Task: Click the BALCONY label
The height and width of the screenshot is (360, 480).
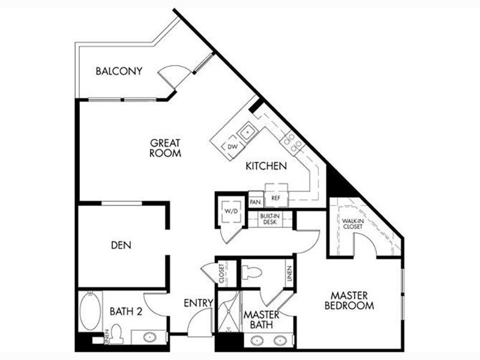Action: tap(119, 71)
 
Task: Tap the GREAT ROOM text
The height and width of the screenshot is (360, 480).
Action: tap(166, 148)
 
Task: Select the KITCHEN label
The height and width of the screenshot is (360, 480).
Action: tap(266, 166)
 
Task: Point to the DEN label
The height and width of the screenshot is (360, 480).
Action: tap(121, 245)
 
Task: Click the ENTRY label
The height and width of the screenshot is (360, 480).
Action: tap(199, 303)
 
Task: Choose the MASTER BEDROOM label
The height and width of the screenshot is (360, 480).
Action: tap(349, 301)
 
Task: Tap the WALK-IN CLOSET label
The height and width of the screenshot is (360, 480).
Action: tap(353, 224)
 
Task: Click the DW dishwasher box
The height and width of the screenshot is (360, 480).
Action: tap(233, 147)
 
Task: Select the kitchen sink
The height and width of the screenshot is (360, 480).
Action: tap(248, 132)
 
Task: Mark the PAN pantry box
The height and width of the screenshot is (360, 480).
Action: tap(256, 202)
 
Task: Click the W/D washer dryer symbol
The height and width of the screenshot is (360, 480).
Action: tap(232, 211)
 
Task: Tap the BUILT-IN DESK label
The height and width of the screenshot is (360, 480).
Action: tap(269, 219)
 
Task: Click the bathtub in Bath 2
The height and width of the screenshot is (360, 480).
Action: tap(91, 311)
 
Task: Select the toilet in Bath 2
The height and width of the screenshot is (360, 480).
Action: tap(116, 334)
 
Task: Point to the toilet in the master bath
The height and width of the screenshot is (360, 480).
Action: tap(251, 272)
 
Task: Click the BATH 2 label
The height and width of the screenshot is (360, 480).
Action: tap(126, 311)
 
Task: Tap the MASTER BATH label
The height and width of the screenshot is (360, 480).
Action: tap(261, 319)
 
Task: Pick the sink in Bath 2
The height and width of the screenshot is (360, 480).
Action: tap(150, 337)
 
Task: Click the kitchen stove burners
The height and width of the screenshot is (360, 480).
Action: tap(292, 142)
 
